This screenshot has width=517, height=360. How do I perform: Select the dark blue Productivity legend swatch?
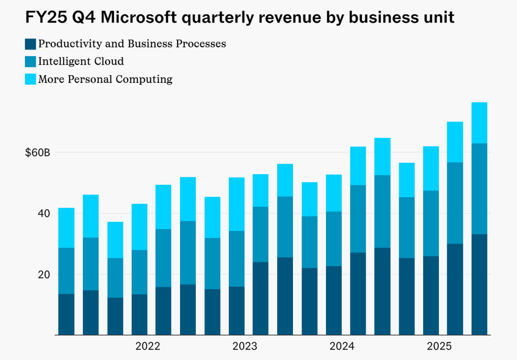click(31, 44)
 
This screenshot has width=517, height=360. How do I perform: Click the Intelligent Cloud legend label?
click(81, 61)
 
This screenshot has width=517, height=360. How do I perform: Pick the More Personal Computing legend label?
click(105, 79)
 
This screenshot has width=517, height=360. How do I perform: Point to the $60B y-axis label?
click(37, 153)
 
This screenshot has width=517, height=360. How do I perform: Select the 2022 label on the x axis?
click(147, 346)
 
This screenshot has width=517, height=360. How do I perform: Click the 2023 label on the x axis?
click(245, 346)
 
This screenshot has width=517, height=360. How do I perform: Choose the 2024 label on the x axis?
click(342, 346)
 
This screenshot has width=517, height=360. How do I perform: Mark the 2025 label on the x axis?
click(439, 346)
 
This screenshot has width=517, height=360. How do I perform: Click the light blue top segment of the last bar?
click(479, 123)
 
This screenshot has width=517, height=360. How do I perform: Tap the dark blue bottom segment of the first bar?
click(66, 314)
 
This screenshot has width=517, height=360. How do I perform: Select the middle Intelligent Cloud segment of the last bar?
click(479, 189)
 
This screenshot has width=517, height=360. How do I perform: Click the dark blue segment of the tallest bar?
click(479, 284)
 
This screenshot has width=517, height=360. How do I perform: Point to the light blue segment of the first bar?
click(66, 228)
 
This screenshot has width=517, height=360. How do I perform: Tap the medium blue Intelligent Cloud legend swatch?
click(31, 61)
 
